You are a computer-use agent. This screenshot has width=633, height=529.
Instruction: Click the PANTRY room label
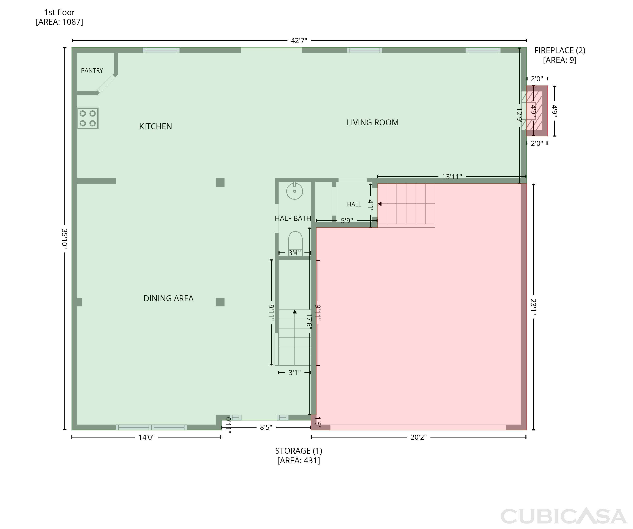92,71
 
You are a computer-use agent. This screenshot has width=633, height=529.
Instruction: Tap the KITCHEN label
156,126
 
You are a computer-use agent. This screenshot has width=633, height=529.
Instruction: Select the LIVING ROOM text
373,122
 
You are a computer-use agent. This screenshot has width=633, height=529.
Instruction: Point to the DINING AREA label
169,298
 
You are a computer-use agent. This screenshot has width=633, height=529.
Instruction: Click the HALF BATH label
293,218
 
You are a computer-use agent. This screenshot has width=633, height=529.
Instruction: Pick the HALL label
354,205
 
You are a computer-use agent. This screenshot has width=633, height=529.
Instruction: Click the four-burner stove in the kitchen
88,118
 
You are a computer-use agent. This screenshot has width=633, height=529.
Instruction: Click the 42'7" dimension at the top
299,40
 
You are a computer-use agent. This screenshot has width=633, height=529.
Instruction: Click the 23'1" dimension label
533,307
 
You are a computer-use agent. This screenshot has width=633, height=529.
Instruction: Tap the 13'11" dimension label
452,177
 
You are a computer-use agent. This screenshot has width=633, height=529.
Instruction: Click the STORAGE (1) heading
299,451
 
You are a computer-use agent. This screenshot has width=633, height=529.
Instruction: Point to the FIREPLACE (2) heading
560,50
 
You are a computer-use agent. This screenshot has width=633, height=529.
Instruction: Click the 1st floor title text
59,12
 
